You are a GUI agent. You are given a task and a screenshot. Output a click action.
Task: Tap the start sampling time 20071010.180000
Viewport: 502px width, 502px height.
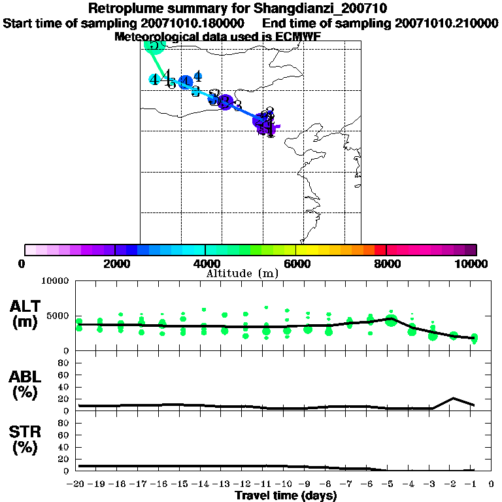pyautogui.click(x=173, y=23)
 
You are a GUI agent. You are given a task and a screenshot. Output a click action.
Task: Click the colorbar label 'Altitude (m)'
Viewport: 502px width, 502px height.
pyautogui.click(x=242, y=273)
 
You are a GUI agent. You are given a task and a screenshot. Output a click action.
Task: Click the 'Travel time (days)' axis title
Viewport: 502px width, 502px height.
pyautogui.click(x=286, y=495)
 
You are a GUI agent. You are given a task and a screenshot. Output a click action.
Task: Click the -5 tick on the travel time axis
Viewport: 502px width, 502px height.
pyautogui.click(x=391, y=484)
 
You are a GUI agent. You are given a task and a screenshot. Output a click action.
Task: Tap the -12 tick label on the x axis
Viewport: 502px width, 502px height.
pyautogui.click(x=244, y=484)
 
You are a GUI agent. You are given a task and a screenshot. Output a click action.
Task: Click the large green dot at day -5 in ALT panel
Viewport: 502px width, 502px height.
pyautogui.click(x=392, y=320)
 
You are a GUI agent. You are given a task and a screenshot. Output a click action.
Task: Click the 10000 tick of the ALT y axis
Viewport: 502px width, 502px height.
pyautogui.click(x=59, y=281)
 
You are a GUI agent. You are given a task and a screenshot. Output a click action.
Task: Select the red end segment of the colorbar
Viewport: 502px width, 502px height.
pyautogui.click(x=380, y=250)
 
